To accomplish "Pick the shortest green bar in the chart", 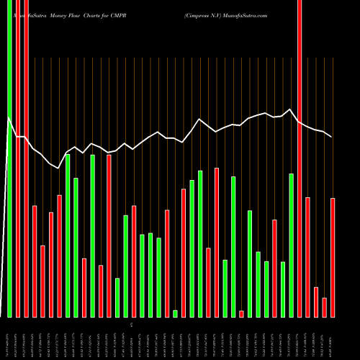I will pos(175,313).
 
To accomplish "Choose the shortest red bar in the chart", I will pos(241,313).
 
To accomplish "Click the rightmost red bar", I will pos(333,257).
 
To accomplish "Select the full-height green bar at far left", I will pos(9,158).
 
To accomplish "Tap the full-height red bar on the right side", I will pos(300,158).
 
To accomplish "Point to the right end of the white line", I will pos(331,137).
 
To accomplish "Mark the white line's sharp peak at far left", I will pos(9,117).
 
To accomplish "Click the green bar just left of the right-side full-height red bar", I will pos(292,245).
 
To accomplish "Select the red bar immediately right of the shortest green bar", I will pos(184,252).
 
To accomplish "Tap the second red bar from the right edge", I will pos(325,307).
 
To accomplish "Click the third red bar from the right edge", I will pos(316,302).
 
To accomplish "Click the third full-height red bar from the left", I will pos(26,158).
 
